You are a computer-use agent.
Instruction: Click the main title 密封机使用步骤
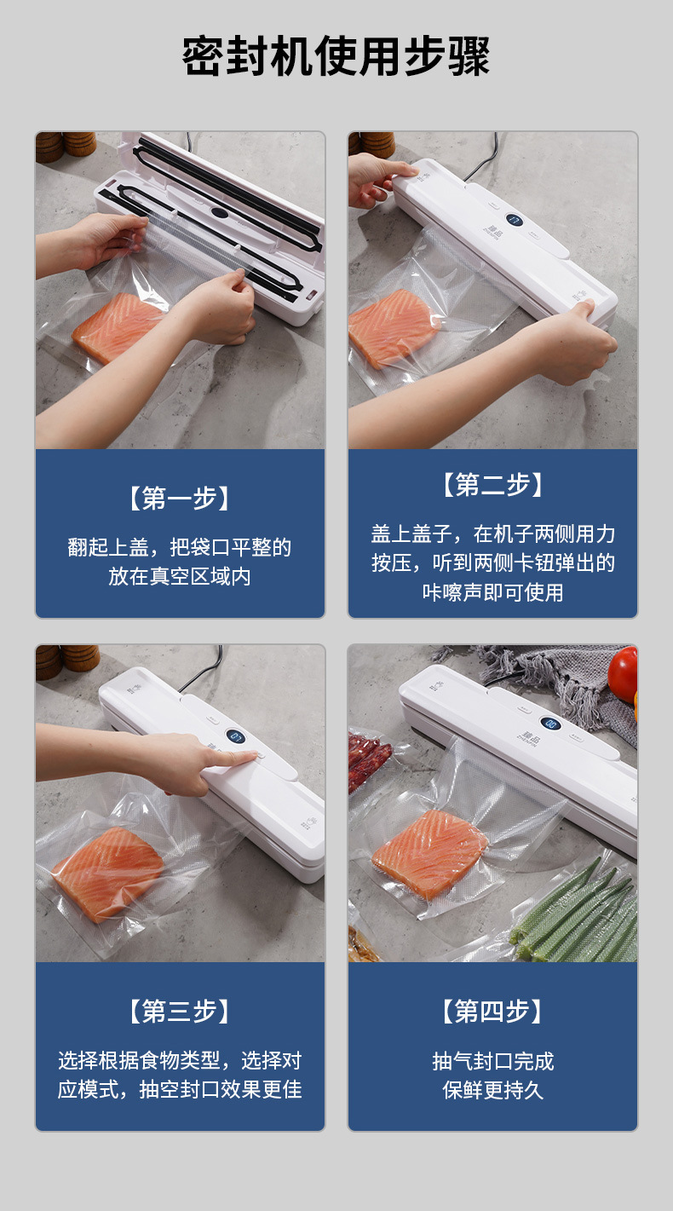point(336,57)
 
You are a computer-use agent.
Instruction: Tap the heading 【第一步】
point(180,498)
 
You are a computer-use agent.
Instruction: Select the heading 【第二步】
point(492,484)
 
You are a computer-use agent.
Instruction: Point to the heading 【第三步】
point(180,1011)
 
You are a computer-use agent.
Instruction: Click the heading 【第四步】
point(492,1011)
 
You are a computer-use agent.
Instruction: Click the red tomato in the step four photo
point(624,673)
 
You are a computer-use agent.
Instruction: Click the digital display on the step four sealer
point(549,724)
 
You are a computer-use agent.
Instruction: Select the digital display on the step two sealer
point(514,220)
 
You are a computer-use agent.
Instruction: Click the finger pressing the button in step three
point(233,757)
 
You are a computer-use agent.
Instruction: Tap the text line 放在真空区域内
point(180,576)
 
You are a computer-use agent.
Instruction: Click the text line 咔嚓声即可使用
point(492,592)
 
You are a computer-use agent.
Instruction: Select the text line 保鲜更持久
point(492,1090)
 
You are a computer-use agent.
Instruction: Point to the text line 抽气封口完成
point(492,1061)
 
